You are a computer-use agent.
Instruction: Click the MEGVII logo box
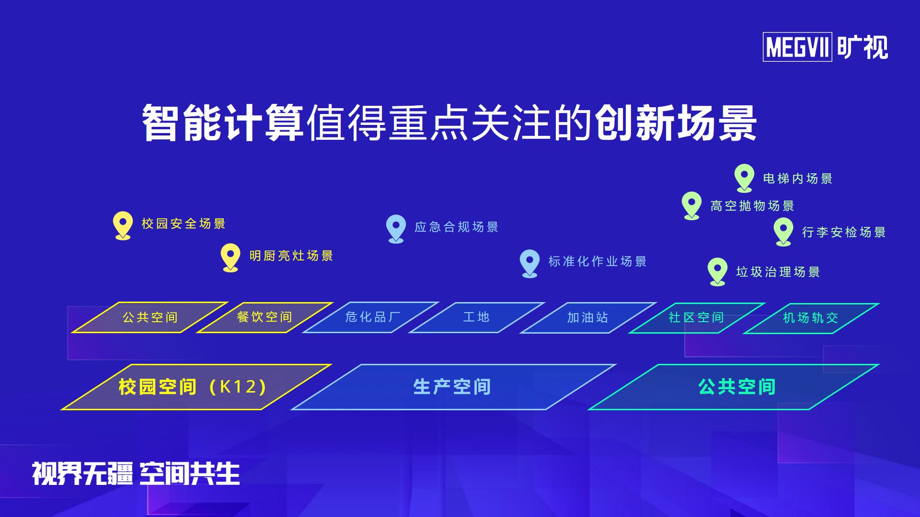tap(797, 47)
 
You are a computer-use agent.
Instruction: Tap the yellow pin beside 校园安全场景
tap(123, 225)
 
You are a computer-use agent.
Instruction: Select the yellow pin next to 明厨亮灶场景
tap(230, 258)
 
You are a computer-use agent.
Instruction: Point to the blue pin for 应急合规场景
tap(396, 229)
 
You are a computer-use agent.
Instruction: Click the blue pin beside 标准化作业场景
tap(529, 263)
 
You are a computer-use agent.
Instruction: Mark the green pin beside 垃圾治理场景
tap(717, 272)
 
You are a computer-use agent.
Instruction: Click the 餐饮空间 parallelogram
tap(264, 317)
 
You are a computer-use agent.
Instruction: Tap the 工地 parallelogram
tap(476, 317)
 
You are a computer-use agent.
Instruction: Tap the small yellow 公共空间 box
tap(150, 317)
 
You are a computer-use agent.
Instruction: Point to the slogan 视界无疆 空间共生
tap(136, 473)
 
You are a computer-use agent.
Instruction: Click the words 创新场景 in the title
tap(676, 123)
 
